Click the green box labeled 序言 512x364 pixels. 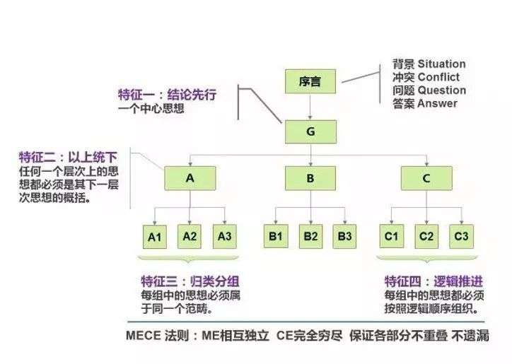(310, 81)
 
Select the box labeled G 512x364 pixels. (310, 131)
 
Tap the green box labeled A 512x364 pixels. (190, 178)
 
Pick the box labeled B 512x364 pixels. (310, 178)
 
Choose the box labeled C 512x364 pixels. (426, 178)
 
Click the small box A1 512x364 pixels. (155, 237)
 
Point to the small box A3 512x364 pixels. (225, 236)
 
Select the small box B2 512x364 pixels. (311, 236)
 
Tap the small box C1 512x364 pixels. (392, 236)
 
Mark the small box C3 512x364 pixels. (461, 236)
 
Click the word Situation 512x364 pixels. (441, 64)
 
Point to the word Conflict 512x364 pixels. (438, 77)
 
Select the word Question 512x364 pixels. (442, 90)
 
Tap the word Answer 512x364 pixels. (437, 103)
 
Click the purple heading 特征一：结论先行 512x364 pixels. (167, 95)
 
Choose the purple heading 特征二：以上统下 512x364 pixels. (69, 158)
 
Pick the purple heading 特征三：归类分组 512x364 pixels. (190, 281)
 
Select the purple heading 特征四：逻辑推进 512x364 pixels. (434, 281)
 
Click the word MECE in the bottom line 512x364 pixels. (144, 336)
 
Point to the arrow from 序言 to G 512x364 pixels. (310, 107)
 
